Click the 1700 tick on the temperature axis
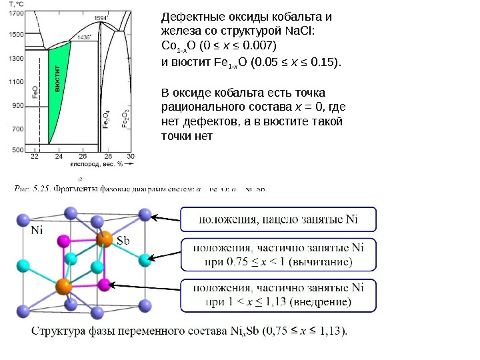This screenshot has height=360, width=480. (17, 12)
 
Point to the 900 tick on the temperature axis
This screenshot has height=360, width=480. (18, 105)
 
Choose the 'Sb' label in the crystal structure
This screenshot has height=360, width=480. (124, 240)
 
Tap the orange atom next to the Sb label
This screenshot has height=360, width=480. (104, 239)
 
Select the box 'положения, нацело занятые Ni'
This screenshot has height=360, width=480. (279, 219)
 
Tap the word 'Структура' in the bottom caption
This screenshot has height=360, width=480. (61, 330)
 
